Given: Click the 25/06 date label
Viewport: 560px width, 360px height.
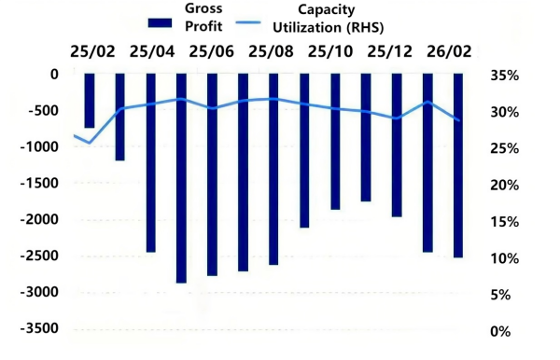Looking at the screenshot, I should pyautogui.click(x=212, y=50).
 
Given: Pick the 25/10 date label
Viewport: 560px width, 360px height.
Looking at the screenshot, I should pyautogui.click(x=330, y=50).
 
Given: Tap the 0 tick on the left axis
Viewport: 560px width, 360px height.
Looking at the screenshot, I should pyautogui.click(x=54, y=75).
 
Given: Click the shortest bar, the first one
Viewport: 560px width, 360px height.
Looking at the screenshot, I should pyautogui.click(x=90, y=101).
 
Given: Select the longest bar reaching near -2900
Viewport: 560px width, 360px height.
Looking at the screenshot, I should pyautogui.click(x=182, y=177).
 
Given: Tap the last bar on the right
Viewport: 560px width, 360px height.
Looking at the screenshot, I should pyautogui.click(x=458, y=165).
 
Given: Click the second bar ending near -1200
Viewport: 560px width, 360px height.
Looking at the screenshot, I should pyautogui.click(x=120, y=117).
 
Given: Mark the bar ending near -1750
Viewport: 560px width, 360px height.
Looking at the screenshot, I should pyautogui.click(x=366, y=137).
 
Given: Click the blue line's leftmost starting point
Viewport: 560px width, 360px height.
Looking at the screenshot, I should pyautogui.click(x=76, y=136).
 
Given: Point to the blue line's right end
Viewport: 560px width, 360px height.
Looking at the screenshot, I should pyautogui.click(x=458, y=119).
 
